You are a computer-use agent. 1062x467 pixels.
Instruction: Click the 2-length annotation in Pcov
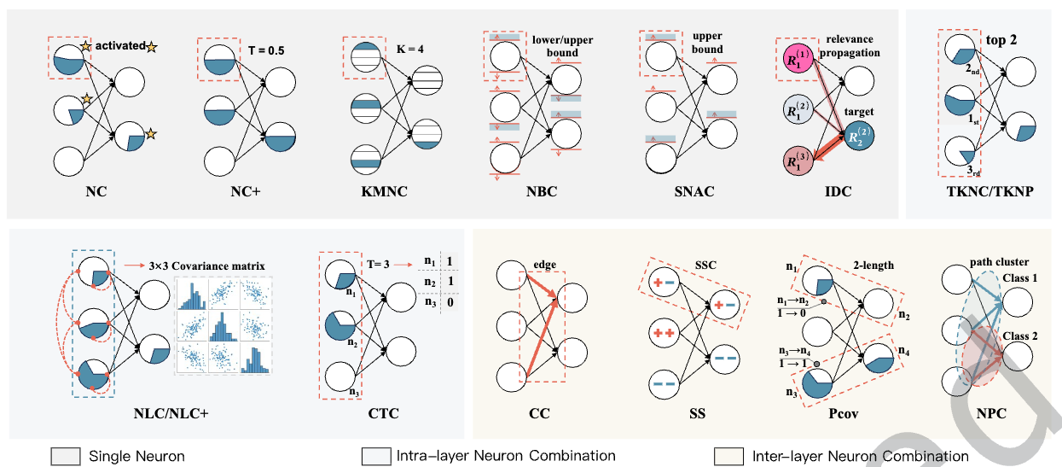pyautogui.click(x=873, y=265)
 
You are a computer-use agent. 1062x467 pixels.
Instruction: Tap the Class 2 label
pyautogui.click(x=1020, y=336)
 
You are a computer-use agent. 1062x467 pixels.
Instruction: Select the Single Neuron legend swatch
pyautogui.click(x=64, y=456)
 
